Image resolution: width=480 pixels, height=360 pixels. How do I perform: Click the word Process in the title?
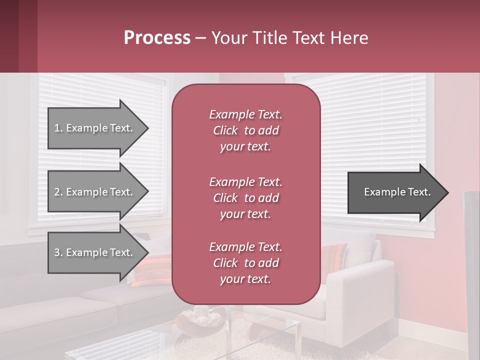(157, 38)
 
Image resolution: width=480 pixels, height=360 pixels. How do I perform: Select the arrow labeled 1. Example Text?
(93, 128)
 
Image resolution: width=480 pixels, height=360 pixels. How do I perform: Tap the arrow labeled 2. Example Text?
(93, 192)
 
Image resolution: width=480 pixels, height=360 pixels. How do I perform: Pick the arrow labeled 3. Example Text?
(93, 252)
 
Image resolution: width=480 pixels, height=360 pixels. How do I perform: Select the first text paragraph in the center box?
(245, 130)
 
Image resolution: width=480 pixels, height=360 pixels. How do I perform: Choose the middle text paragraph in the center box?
(245, 197)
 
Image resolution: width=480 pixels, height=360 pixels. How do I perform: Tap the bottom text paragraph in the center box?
(245, 263)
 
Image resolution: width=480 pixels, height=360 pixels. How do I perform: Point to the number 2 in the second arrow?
(57, 192)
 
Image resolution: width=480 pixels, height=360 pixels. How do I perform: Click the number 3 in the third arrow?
(57, 252)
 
